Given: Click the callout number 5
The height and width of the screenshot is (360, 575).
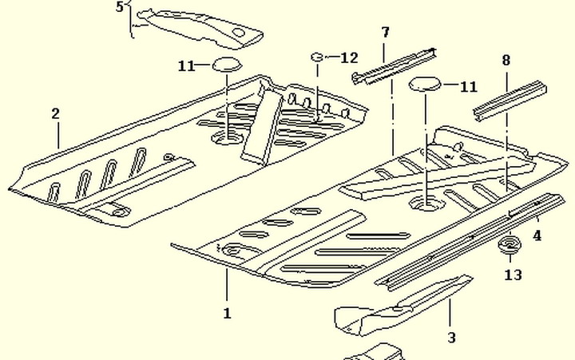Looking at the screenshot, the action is tap(120, 7).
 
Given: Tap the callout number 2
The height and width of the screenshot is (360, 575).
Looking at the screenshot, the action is tap(55, 113).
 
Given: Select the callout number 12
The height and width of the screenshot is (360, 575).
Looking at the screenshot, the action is tap(349, 57).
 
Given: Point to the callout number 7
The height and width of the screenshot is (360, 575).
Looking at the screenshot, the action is tap(385, 32).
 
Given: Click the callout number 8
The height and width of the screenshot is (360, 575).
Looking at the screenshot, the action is tap(506, 60).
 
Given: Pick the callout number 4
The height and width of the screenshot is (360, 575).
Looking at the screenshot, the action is tap(537, 235).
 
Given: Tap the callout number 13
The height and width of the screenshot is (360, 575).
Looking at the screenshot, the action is tap(513, 275).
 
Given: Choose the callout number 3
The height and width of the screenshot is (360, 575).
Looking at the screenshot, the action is tap(452, 338).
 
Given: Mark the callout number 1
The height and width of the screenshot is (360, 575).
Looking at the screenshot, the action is tap(228, 314).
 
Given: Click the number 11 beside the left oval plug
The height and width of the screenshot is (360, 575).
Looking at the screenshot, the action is tap(187, 66).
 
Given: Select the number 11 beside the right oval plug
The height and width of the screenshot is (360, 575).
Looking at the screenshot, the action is tap(469, 87).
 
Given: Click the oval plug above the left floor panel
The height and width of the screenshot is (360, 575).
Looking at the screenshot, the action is tap(228, 64).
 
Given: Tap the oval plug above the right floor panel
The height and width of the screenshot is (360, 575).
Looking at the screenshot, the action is tap(424, 84).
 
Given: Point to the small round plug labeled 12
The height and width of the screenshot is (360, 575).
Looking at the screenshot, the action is tap(317, 57).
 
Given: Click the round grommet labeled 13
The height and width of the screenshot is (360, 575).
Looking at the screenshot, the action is tap(510, 243).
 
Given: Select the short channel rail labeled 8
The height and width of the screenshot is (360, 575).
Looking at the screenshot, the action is tap(510, 100).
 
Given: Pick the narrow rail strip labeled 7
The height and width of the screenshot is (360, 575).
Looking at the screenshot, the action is tap(394, 66).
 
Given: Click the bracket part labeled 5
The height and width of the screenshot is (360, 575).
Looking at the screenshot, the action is tap(200, 29).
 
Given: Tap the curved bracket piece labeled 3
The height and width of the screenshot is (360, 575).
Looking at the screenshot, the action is tap(402, 306).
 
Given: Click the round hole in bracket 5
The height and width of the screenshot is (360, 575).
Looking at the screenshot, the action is tap(238, 33).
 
